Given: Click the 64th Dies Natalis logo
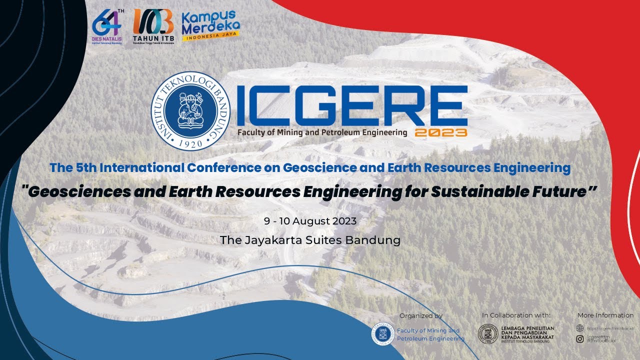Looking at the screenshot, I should (107, 27).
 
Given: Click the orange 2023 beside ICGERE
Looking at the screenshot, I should (440, 132).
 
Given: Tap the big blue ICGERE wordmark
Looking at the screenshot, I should (352, 106).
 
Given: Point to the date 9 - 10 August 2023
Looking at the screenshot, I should (310, 221).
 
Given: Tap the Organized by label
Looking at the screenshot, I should (421, 315).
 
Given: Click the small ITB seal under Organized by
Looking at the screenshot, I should (382, 334).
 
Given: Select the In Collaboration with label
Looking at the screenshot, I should (516, 315).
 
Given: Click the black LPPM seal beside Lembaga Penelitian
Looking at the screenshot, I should (488, 334).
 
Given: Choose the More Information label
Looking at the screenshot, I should (605, 315).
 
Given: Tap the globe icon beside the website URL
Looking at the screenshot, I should (580, 328).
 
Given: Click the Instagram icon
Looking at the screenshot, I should (580, 339).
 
